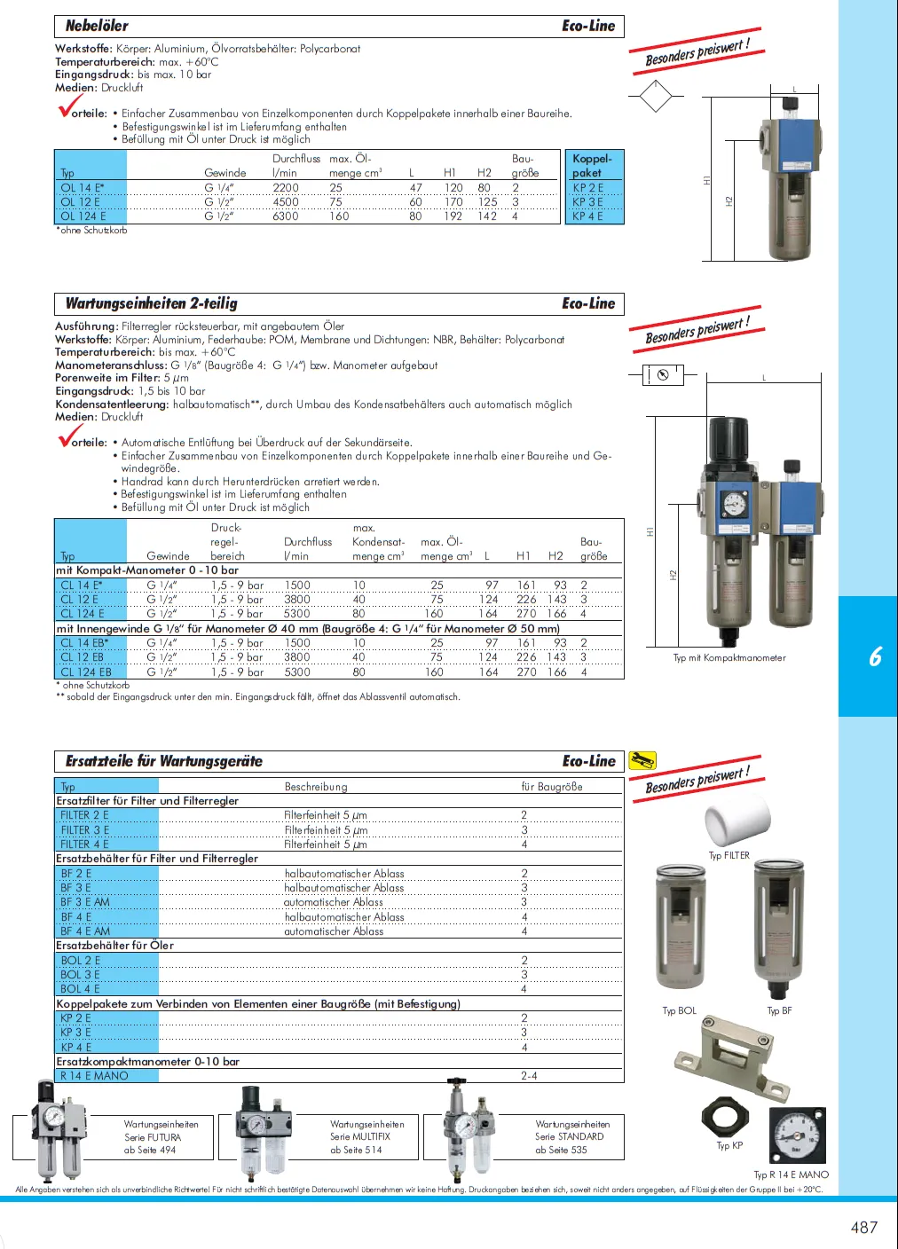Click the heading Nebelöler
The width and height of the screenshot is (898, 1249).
[97, 26]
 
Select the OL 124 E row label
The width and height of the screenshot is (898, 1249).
[83, 216]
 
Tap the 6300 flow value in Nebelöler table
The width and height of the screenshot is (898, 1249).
[286, 216]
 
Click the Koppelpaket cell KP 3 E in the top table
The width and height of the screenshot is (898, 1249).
[587, 202]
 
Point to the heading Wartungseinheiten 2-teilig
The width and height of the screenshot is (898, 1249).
[152, 303]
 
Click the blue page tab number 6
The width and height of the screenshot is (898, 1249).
[875, 656]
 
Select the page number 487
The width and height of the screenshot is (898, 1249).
[863, 1227]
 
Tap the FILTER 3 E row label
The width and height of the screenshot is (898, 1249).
[84, 830]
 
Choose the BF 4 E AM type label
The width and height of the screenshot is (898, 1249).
[85, 931]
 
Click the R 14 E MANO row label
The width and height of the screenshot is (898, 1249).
[94, 1076]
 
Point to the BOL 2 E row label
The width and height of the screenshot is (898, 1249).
[80, 961]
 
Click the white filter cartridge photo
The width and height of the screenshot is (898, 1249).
[737, 817]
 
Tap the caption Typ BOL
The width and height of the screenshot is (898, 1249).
[680, 1010]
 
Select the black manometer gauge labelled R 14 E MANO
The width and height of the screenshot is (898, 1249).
[798, 1135]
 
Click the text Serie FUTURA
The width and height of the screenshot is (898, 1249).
[153, 1137]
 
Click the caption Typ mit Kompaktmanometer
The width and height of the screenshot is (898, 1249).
[729, 658]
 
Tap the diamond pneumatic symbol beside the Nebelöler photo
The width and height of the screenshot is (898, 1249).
[656, 96]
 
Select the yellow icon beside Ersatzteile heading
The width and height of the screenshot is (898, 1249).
[642, 760]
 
